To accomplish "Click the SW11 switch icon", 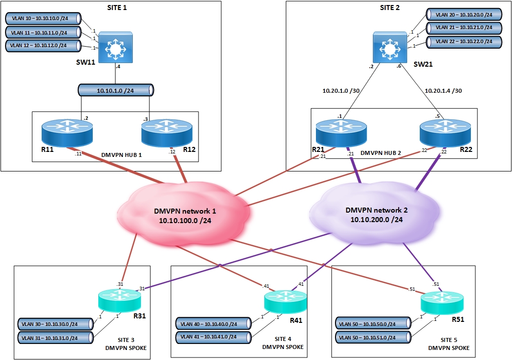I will [116, 48].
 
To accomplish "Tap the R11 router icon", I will [67, 132].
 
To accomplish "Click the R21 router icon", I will [342, 132].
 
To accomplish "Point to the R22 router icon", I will [444, 132].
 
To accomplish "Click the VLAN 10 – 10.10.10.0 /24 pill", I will [44, 19].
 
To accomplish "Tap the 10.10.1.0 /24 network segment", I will [116, 91].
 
